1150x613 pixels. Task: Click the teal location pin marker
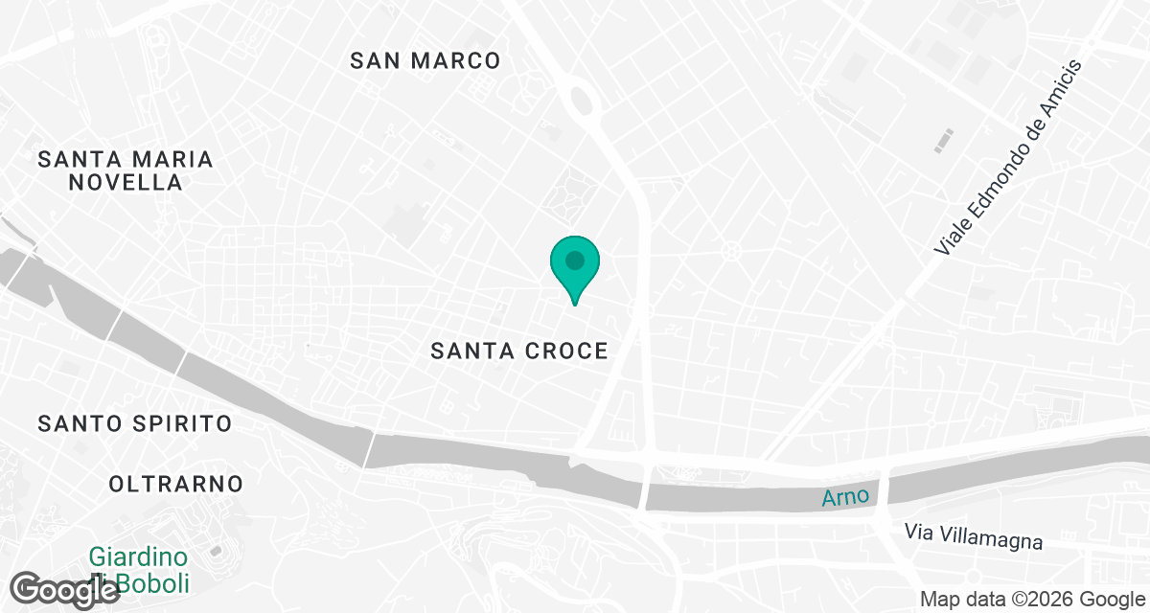(574, 267)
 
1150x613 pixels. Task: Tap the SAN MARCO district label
(425, 61)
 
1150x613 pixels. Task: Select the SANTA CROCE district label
(519, 352)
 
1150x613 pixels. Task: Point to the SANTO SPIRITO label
(135, 423)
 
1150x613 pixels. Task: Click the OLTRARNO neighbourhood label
(176, 484)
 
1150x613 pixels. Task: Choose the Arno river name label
(846, 496)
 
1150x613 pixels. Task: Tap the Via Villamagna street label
(974, 536)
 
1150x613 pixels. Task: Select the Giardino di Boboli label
(139, 569)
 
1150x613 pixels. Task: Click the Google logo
(65, 590)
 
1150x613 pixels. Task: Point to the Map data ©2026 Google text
(1031, 600)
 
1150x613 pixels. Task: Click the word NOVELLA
(126, 182)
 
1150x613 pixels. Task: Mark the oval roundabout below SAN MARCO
(581, 99)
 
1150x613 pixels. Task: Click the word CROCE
(566, 352)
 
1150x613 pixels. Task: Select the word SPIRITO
(182, 423)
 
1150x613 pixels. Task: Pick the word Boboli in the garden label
(156, 582)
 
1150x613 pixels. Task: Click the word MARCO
(456, 61)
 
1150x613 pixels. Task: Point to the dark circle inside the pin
(574, 260)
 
